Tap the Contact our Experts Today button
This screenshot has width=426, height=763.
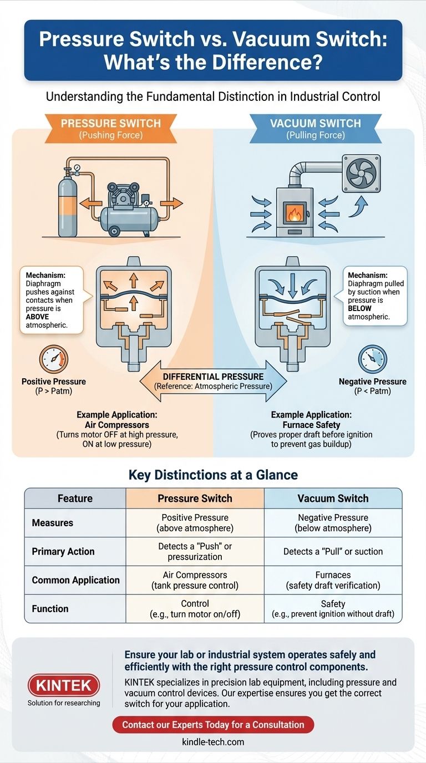click(x=213, y=724)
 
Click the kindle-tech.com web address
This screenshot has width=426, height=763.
click(x=213, y=742)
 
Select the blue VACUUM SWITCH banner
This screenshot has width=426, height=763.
click(x=316, y=127)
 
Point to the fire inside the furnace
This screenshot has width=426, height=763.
click(x=293, y=214)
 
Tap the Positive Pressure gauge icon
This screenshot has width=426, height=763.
click(x=54, y=359)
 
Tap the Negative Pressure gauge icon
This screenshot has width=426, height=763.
click(x=372, y=359)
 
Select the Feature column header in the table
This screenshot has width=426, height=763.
click(x=75, y=498)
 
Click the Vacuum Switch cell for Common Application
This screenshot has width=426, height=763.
click(x=333, y=580)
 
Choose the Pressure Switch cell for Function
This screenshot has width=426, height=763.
click(x=195, y=609)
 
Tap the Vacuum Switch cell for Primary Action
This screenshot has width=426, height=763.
click(x=333, y=551)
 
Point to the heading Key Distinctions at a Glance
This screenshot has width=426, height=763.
click(x=213, y=475)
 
